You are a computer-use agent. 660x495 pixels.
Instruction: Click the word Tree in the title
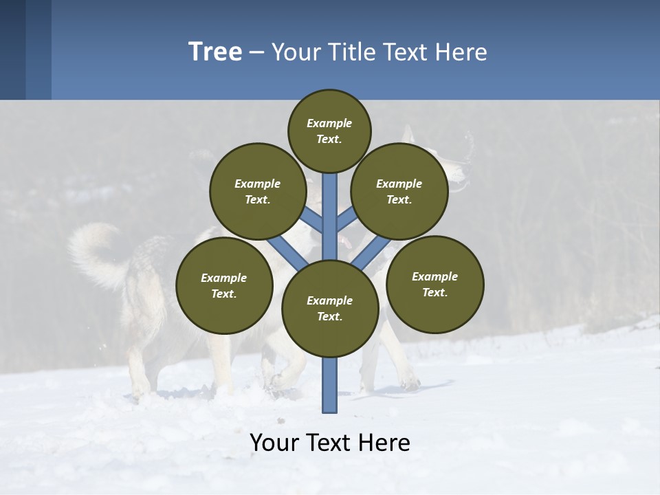click(215, 52)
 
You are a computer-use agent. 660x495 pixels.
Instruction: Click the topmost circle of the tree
click(329, 131)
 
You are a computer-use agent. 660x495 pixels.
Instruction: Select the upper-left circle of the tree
click(258, 191)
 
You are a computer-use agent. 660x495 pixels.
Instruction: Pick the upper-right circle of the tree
click(399, 191)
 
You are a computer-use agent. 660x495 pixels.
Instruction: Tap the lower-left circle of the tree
click(224, 285)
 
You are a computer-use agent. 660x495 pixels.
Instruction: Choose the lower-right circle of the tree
click(434, 284)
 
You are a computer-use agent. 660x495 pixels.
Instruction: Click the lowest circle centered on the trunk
click(330, 308)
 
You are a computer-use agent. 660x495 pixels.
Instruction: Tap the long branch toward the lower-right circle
click(372, 252)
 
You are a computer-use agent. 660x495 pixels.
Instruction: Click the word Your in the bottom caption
click(275, 443)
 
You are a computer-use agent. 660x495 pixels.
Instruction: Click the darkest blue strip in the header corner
click(12, 49)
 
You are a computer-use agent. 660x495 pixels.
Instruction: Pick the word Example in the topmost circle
click(329, 123)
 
